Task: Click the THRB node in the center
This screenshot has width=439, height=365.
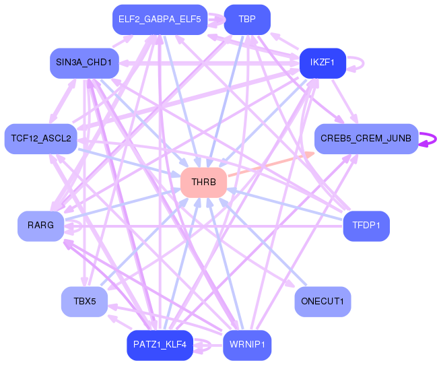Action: click(203, 182)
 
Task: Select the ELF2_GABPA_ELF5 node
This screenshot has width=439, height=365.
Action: click(160, 19)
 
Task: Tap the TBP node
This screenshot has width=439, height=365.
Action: click(246, 19)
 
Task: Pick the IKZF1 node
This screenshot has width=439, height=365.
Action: click(323, 63)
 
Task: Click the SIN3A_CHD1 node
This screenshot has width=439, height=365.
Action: click(84, 63)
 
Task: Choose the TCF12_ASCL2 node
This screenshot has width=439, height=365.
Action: click(40, 139)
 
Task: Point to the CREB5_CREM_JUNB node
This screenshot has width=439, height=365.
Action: click(366, 139)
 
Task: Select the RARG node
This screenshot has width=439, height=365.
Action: click(40, 226)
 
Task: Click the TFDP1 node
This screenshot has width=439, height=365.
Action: click(366, 226)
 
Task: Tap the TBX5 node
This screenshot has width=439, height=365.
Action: click(84, 301)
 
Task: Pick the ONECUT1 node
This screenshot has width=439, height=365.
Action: click(323, 301)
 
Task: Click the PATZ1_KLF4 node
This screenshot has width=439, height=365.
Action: click(160, 345)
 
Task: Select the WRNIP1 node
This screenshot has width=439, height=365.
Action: click(246, 345)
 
